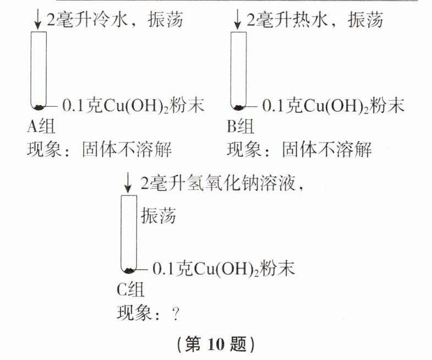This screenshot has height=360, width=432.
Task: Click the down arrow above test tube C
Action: click(x=128, y=182)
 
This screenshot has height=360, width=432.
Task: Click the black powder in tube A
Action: click(x=39, y=107)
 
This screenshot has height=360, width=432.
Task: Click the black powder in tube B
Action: click(x=239, y=107)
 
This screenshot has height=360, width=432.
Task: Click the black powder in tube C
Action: click(x=129, y=270)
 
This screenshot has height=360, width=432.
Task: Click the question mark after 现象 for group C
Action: click(x=176, y=313)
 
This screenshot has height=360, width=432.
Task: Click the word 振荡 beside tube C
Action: click(x=158, y=216)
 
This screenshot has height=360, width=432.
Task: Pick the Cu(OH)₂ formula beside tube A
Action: click(x=148, y=106)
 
